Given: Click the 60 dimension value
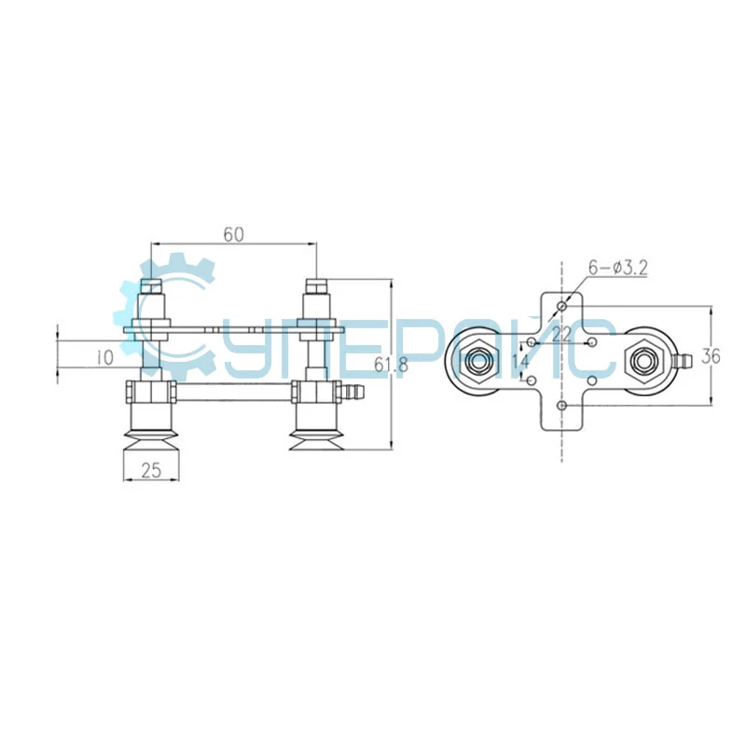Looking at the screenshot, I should pyautogui.click(x=233, y=235).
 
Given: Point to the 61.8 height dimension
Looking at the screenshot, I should pyautogui.click(x=391, y=365).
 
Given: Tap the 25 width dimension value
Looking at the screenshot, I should pyautogui.click(x=151, y=471).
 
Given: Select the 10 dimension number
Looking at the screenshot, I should pyautogui.click(x=103, y=356).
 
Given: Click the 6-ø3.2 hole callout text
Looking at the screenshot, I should pyautogui.click(x=617, y=269).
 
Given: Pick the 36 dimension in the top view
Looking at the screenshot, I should pyautogui.click(x=711, y=356).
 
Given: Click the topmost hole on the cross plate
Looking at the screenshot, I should pyautogui.click(x=561, y=306).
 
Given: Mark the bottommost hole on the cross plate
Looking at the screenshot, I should pyautogui.click(x=561, y=406).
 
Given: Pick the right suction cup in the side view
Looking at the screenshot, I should pyautogui.click(x=315, y=429).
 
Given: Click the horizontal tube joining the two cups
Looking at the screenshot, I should pyautogui.click(x=233, y=393).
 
